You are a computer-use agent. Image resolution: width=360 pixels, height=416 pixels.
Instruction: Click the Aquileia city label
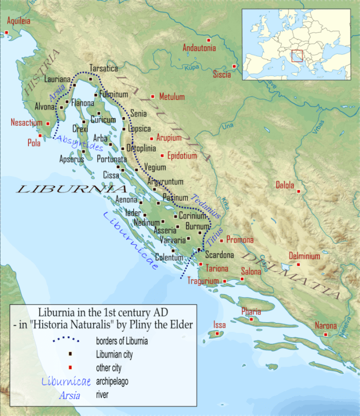point(18,21)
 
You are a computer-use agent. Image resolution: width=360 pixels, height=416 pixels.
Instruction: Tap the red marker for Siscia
point(234,66)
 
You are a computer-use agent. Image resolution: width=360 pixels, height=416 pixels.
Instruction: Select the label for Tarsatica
point(103,68)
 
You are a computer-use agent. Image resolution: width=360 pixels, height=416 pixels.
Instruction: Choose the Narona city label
point(326,325)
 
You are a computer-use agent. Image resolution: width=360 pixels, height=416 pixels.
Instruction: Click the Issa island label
point(220,324)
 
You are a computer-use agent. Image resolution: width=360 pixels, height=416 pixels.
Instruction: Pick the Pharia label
point(251,311)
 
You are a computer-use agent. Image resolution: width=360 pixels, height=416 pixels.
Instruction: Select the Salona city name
point(251,271)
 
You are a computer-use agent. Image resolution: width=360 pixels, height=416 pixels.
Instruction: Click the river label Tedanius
point(205,206)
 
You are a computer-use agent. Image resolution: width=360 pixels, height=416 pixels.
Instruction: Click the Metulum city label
point(172,97)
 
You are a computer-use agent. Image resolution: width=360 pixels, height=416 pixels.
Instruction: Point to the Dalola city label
point(285,185)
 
